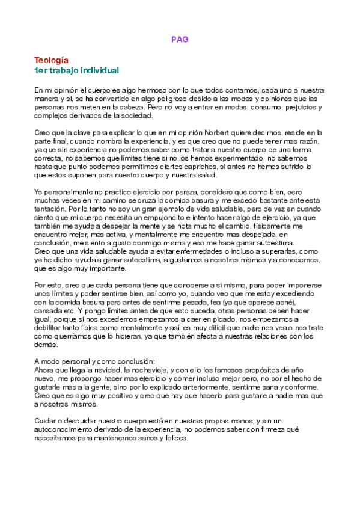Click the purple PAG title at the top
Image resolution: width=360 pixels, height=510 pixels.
[180, 39]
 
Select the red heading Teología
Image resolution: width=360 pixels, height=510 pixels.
[51, 60]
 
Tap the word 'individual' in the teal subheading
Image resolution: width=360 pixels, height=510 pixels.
[99, 70]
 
